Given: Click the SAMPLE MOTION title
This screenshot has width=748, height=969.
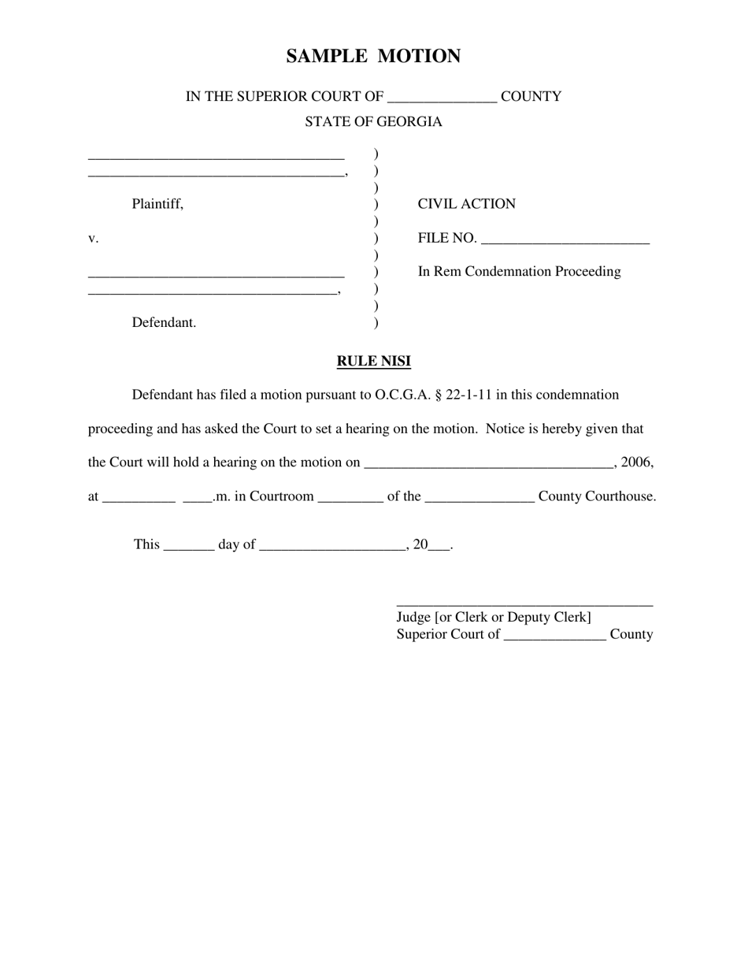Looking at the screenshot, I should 373,57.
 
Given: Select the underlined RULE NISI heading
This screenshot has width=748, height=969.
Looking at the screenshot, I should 373,362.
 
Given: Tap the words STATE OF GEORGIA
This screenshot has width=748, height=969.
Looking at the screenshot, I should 373,122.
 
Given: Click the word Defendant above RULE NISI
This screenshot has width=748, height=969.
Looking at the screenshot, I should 164,323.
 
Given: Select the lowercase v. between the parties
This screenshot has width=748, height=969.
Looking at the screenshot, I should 93,239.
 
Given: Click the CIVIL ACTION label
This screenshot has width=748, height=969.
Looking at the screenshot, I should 466,204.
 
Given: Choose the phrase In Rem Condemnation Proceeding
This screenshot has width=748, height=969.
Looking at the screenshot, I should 519,272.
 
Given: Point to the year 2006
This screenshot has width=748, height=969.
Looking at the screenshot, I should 637,462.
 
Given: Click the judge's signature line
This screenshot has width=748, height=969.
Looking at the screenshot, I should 524,603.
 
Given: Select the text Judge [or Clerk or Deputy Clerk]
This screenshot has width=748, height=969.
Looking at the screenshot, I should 494,617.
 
